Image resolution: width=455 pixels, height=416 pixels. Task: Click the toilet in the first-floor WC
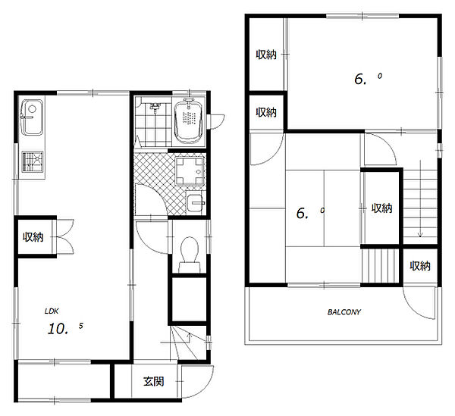coord(190,255)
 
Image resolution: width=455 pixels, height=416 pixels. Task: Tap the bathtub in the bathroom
coord(189,121)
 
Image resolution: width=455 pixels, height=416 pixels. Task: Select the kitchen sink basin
coord(32,117)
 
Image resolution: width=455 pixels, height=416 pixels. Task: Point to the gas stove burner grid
coord(33,161)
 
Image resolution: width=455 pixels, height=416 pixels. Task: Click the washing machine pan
coord(189,171)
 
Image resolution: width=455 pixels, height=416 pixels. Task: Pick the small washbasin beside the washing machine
coord(196,203)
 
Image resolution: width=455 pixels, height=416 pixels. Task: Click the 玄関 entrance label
coord(154,381)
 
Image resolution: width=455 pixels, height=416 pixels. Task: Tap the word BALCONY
coord(344,312)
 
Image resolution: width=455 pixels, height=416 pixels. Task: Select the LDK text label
coord(52,311)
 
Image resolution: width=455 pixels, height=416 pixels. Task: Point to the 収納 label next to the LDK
coord(33,237)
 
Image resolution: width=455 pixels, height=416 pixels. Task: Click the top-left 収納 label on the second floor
coord(266,55)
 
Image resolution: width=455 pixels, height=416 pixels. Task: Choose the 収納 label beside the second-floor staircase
coord(382,208)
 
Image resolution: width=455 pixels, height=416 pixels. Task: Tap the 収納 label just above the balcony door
coord(420,266)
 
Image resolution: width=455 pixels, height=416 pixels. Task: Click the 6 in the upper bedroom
coord(359,79)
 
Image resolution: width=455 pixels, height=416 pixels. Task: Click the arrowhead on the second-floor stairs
coord(420,234)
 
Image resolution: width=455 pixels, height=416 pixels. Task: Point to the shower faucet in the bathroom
coord(155,107)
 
